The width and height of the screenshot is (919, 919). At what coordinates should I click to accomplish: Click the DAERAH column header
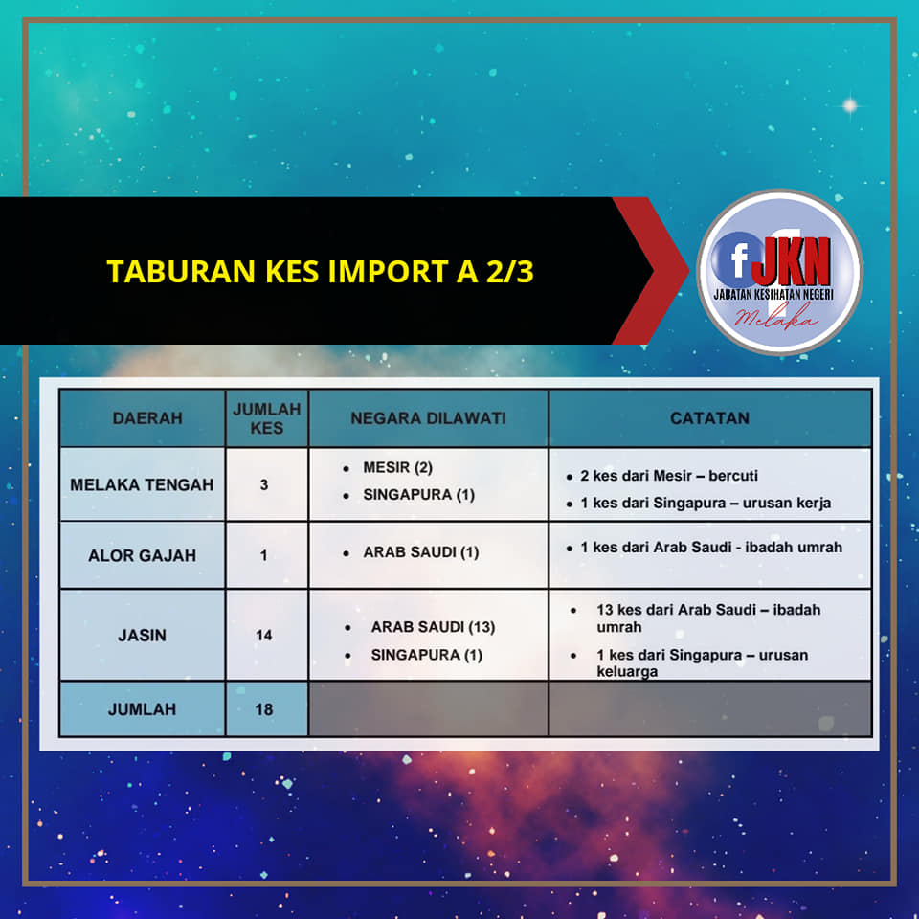(147, 418)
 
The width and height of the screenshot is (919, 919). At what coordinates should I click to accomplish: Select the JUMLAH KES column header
(267, 418)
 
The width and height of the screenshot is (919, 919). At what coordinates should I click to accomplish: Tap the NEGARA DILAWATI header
(429, 418)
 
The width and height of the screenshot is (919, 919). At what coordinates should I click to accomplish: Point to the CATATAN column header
(709, 418)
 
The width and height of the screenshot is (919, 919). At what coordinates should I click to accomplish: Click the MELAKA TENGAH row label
(142, 484)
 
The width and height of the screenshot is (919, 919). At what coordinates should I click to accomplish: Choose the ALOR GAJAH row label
(142, 555)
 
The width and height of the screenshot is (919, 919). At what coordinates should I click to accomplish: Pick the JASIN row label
(142, 635)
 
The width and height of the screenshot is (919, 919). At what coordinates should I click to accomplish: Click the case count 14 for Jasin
(264, 635)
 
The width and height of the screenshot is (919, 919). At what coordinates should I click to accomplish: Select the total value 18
(264, 709)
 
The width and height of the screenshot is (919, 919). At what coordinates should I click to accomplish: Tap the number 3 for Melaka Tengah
(264, 484)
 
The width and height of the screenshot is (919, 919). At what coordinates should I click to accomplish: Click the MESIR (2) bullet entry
(397, 467)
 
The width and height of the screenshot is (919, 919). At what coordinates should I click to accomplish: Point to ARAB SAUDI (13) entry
(433, 626)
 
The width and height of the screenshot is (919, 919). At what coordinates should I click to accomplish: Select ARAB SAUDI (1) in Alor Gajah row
(421, 552)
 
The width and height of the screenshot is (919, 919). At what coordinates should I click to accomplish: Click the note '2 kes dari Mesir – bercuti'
(669, 476)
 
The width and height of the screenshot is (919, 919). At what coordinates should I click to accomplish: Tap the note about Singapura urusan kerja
(706, 503)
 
